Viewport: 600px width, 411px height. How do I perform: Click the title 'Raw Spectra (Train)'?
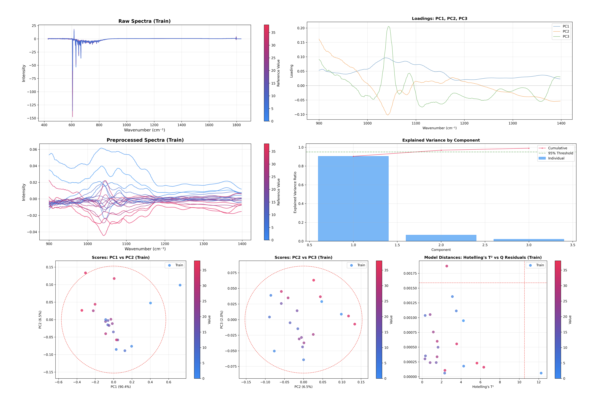pos(144,21)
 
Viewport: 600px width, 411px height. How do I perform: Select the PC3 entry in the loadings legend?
pos(565,36)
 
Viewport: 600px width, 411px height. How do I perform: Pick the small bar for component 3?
pos(529,240)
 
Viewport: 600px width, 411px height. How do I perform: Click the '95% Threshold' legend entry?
pos(560,153)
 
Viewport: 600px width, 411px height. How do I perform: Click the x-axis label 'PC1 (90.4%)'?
pos(121,387)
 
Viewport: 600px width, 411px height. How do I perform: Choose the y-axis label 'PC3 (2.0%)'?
pos(221,320)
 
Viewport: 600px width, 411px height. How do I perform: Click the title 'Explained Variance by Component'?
pos(441,140)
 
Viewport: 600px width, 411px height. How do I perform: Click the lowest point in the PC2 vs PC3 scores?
pos(303,360)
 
